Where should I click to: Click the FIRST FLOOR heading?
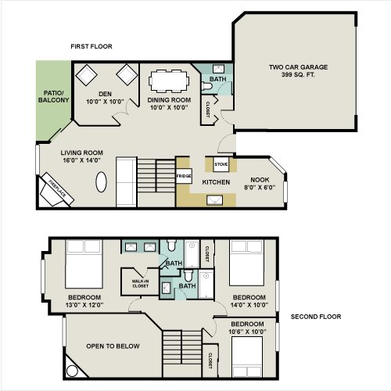[91, 46]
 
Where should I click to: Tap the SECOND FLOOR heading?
[316, 317]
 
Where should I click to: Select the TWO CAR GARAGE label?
[298, 67]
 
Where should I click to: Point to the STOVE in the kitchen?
[221, 164]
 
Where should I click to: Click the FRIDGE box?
[184, 176]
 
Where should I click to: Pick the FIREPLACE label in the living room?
[57, 189]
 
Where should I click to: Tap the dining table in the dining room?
[169, 81]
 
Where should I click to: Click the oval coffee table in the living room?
[101, 182]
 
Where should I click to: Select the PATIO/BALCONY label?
[53, 97]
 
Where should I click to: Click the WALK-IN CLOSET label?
[140, 284]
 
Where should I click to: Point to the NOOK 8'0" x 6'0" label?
[260, 184]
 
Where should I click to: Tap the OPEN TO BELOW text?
[113, 346]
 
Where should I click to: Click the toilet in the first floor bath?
[206, 86]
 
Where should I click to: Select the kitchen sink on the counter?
[214, 200]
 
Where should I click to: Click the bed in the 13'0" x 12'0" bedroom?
[84, 264]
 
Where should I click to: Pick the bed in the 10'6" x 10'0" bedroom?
[247, 357]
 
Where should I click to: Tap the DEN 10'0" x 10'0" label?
[105, 98]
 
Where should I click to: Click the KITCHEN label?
[216, 182]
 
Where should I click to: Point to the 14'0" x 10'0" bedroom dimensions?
[249, 305]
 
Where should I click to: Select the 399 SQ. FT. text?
[298, 75]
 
